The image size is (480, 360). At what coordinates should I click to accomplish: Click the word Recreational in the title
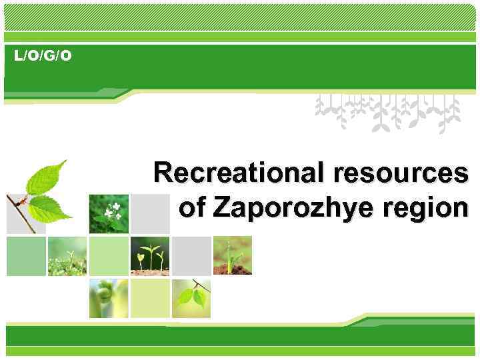[234, 174]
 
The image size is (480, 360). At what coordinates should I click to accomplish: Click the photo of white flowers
[109, 213]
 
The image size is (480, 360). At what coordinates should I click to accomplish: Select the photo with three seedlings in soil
[150, 255]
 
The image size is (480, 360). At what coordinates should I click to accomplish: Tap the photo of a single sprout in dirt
[232, 255]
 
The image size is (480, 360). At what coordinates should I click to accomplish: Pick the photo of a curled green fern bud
[109, 298]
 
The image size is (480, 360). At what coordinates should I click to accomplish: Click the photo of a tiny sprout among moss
[67, 255]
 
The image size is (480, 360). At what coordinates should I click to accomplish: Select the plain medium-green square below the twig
[26, 256]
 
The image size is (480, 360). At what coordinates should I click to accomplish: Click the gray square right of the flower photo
[150, 213]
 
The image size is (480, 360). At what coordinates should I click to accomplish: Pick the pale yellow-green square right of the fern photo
[150, 298]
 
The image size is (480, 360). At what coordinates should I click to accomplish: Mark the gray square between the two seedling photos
[191, 255]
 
